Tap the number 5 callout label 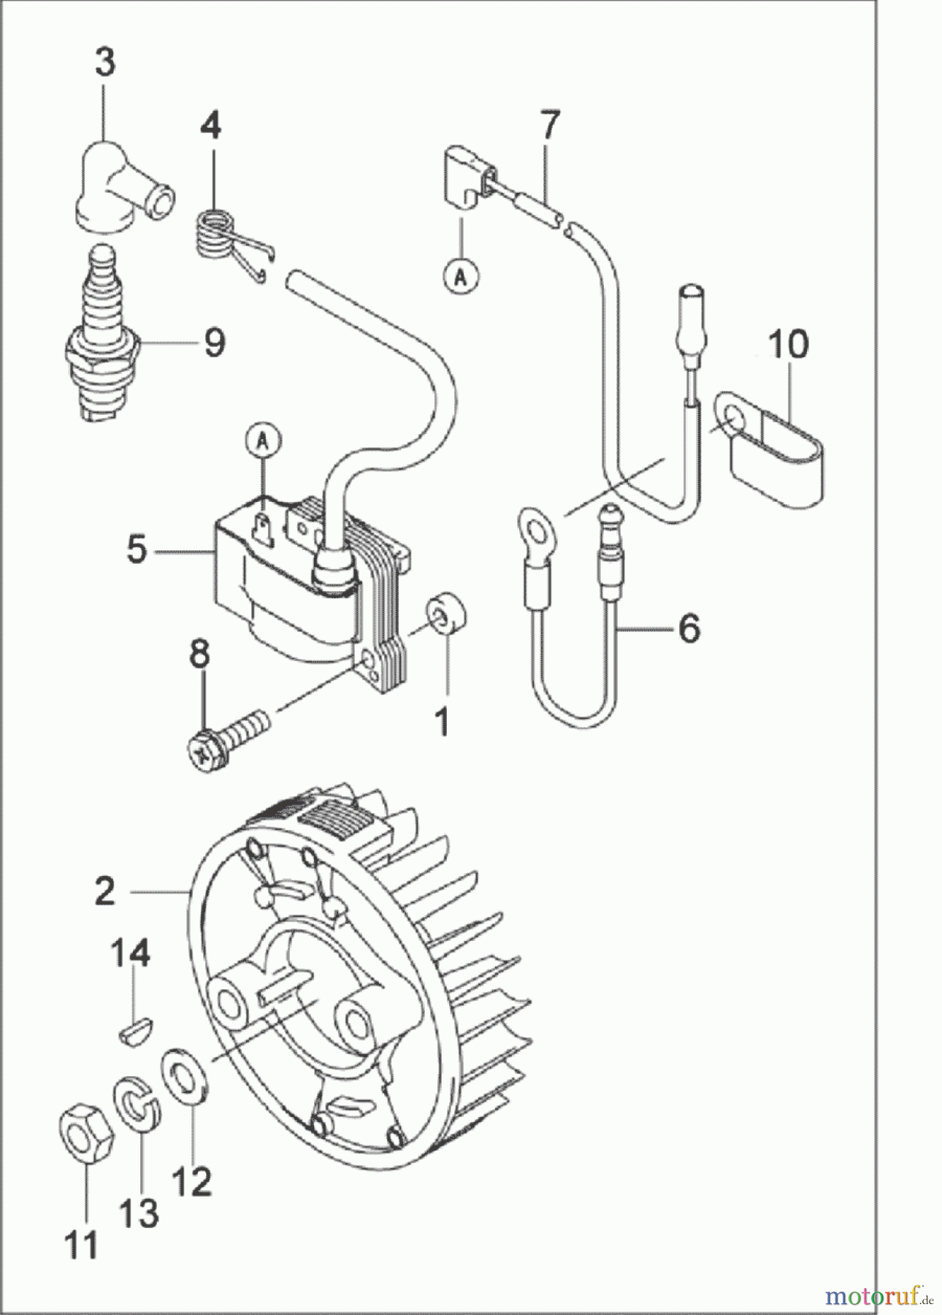[137, 549]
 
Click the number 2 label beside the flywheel [105, 891]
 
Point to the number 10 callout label [788, 346]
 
